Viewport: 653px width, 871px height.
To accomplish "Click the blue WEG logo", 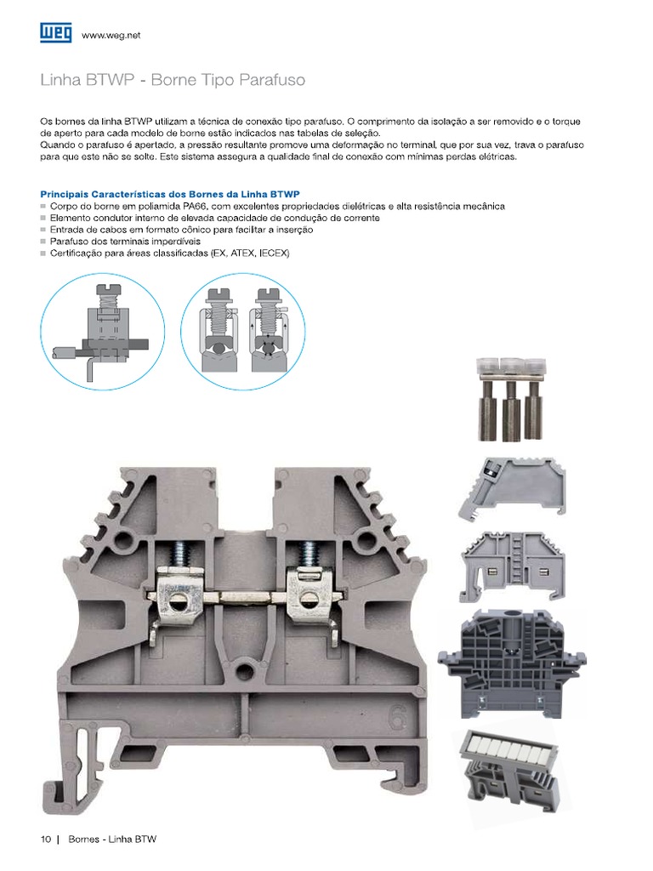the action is coord(55,33).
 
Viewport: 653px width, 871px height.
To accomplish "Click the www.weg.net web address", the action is coord(111,36).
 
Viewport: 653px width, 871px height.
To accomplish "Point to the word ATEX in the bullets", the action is coord(242,253).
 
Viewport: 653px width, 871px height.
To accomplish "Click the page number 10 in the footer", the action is coord(46,839).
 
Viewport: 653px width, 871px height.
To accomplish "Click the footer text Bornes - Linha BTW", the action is coord(112,839).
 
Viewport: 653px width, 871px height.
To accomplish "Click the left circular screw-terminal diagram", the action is coord(103,332).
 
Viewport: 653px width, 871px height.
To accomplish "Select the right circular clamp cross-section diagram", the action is coord(242,332).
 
